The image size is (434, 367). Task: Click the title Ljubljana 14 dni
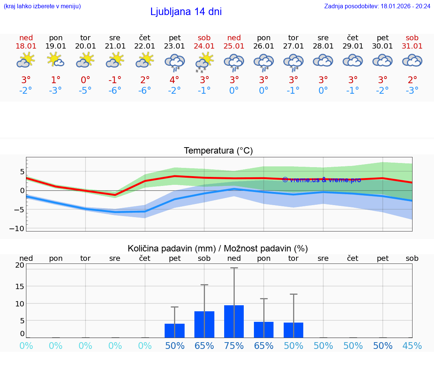pyautogui.click(x=186, y=12)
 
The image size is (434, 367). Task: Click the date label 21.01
pyautogui.click(x=115, y=46)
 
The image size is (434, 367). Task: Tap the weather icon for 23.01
pyautogui.click(x=174, y=62)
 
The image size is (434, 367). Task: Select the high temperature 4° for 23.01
pyautogui.click(x=174, y=80)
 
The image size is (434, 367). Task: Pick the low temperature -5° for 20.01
pyautogui.click(x=86, y=90)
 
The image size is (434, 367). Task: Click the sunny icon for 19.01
pyautogui.click(x=55, y=60)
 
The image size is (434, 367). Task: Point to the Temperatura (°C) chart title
pyautogui.click(x=218, y=151)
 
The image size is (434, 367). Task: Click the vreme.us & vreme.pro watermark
pyautogui.click(x=321, y=180)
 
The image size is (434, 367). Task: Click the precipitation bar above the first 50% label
pyautogui.click(x=174, y=330)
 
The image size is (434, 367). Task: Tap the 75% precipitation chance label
pyautogui.click(x=234, y=346)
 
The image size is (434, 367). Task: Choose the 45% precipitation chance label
pyautogui.click(x=412, y=346)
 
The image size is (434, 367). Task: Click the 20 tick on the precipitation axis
pyautogui.click(x=20, y=265)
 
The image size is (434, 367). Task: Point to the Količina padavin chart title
pyautogui.click(x=218, y=248)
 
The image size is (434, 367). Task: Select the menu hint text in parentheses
pyautogui.click(x=42, y=6)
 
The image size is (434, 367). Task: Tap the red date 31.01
pyautogui.click(x=412, y=46)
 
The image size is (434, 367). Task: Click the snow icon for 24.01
pyautogui.click(x=204, y=62)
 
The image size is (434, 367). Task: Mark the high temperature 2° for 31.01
pyautogui.click(x=412, y=80)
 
